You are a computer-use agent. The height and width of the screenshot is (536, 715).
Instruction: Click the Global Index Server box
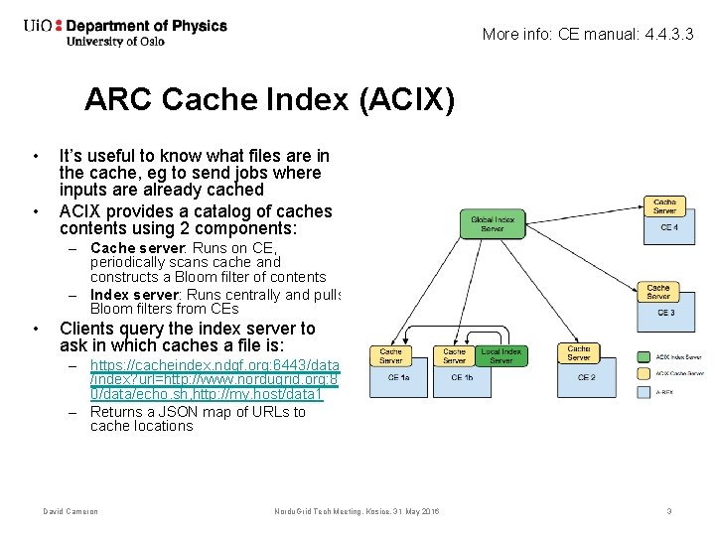pos(494,223)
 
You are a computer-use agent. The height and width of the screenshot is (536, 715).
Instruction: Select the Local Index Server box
pos(500,355)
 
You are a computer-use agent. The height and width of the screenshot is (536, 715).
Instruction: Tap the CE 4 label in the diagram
pos(669,227)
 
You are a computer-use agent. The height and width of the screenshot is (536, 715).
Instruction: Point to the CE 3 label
pos(664,312)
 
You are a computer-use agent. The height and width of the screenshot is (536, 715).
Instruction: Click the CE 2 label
pos(586,377)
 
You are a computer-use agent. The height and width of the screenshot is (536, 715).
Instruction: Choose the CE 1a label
pos(399,377)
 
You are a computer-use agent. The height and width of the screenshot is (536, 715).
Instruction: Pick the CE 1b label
pos(462,377)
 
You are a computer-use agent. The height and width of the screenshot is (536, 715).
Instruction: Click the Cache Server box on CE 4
pos(665,206)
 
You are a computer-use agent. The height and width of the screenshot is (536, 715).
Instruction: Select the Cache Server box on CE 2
pos(579,353)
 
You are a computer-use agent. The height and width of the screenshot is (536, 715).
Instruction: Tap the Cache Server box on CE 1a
pos(391,355)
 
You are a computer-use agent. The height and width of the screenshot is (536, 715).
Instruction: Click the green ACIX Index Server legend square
pos(647,355)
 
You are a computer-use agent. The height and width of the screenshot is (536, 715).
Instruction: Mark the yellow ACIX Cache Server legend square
pos(647,373)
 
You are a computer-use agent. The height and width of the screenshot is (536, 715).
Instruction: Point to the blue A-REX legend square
pos(647,392)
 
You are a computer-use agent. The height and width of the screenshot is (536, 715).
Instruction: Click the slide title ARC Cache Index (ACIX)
pos(269,100)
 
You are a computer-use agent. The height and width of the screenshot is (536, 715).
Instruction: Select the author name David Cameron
pos(70,512)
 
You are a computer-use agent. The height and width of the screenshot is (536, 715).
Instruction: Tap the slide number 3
pos(669,512)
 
